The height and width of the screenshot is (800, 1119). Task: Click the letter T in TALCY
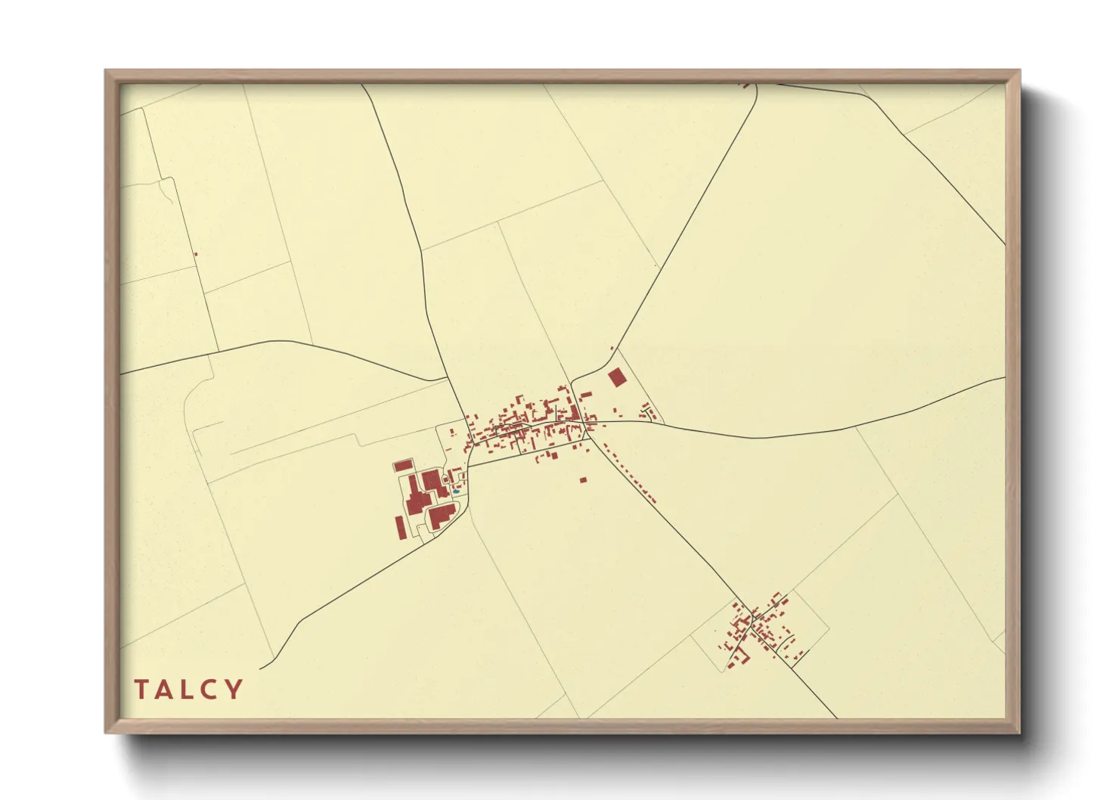coord(141,690)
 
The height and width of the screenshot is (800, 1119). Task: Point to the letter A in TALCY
coord(165,690)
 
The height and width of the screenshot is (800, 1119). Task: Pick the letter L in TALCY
coord(188,690)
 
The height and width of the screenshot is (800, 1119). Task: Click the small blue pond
coord(456,492)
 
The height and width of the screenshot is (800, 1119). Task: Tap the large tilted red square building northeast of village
coord(618,377)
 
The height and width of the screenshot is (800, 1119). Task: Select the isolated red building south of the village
coord(583,479)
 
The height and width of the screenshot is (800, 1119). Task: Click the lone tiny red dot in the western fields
coord(195,254)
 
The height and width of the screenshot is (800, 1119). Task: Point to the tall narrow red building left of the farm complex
coord(400,527)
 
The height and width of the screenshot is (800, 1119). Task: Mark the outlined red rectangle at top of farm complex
coord(403,465)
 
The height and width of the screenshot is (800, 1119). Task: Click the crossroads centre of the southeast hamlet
coord(753,619)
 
